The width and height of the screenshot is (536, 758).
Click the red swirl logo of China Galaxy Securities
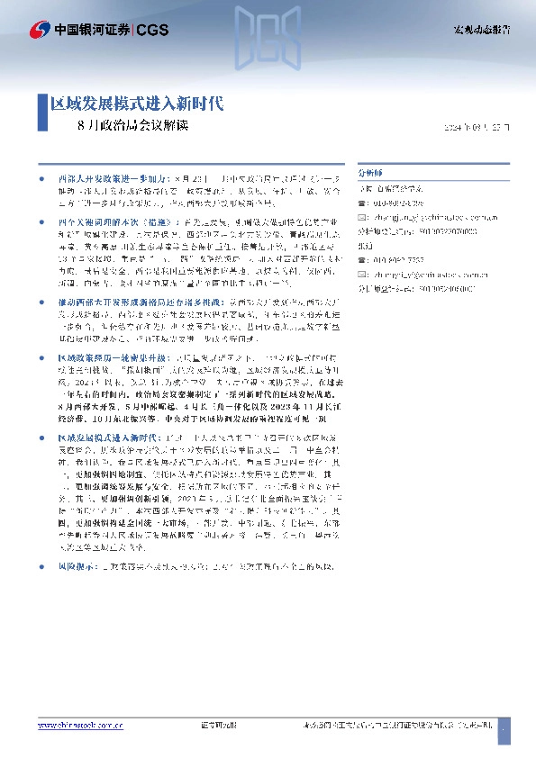(41, 30)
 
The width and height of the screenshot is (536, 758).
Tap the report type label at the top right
(481, 31)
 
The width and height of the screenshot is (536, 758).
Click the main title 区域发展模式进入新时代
(136, 104)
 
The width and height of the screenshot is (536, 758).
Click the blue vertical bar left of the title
(42, 113)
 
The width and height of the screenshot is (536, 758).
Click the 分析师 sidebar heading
(370, 170)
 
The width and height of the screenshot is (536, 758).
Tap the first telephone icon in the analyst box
(363, 203)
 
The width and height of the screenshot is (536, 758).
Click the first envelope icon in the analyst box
(363, 216)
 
